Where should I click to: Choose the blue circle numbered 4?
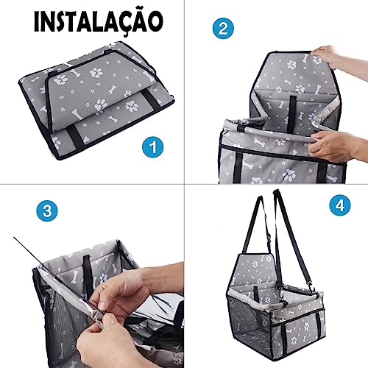pyautogui.click(x=339, y=205)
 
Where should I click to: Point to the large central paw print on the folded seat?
pyautogui.click(x=96, y=72)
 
